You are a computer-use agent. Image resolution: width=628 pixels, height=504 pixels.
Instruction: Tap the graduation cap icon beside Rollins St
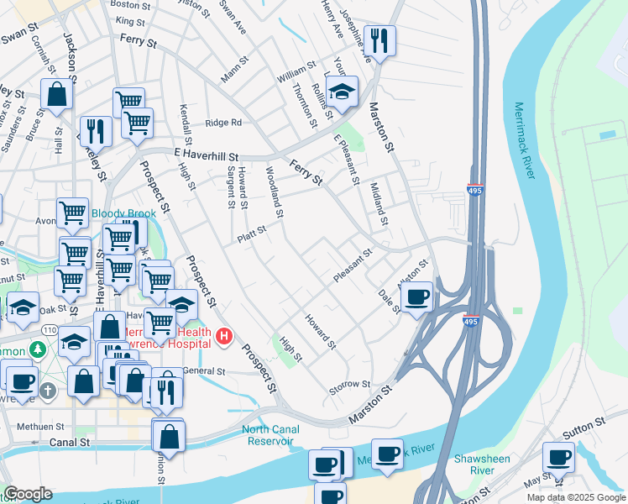342,92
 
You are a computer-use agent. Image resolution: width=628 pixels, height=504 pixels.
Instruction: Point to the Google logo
28,494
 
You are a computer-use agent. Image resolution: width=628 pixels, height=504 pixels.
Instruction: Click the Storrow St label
350,385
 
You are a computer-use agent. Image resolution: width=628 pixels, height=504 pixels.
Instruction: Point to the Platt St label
252,231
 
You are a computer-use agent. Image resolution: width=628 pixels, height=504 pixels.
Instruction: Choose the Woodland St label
274,189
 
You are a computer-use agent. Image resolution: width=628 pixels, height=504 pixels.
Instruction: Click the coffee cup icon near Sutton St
558,458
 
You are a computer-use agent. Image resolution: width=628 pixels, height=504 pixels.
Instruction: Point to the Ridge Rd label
223,123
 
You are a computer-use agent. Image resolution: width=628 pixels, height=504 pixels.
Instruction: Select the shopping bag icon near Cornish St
57,96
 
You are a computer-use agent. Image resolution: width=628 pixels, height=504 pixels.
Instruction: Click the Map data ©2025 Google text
576,497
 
